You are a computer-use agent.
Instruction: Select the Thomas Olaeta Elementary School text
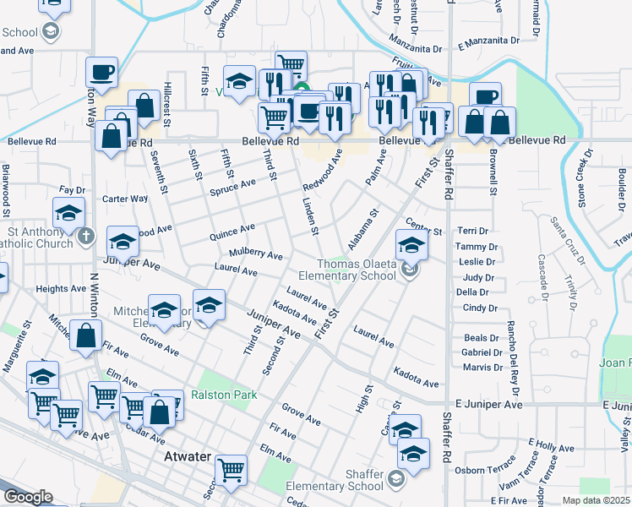click(x=356, y=270)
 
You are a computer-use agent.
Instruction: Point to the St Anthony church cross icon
click(x=84, y=237)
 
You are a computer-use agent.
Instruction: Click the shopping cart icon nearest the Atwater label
click(x=231, y=470)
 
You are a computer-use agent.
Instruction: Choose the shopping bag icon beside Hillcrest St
click(x=144, y=106)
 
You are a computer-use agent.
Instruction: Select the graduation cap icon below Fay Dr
click(x=68, y=213)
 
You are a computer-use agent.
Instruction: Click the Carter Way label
click(x=125, y=199)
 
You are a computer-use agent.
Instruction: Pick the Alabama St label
click(x=365, y=226)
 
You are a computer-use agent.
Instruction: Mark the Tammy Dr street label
click(x=471, y=246)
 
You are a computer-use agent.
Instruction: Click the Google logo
click(x=28, y=497)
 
